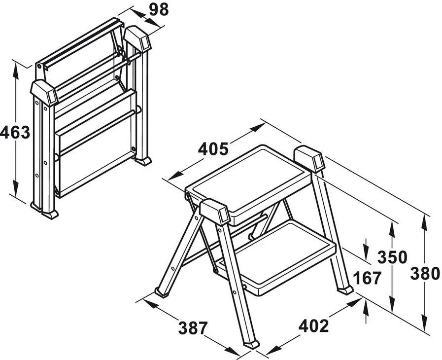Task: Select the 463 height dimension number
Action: coord(13,133)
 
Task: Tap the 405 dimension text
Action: coord(213,148)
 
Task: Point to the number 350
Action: coord(392,257)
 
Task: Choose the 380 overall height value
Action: coord(425,272)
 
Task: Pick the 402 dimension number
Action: coord(313,325)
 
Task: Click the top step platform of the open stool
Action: coord(249,180)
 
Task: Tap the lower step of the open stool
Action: coord(291,256)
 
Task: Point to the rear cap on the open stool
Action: coord(309,159)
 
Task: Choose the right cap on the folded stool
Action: coord(137,38)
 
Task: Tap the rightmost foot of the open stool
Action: coord(345,289)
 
